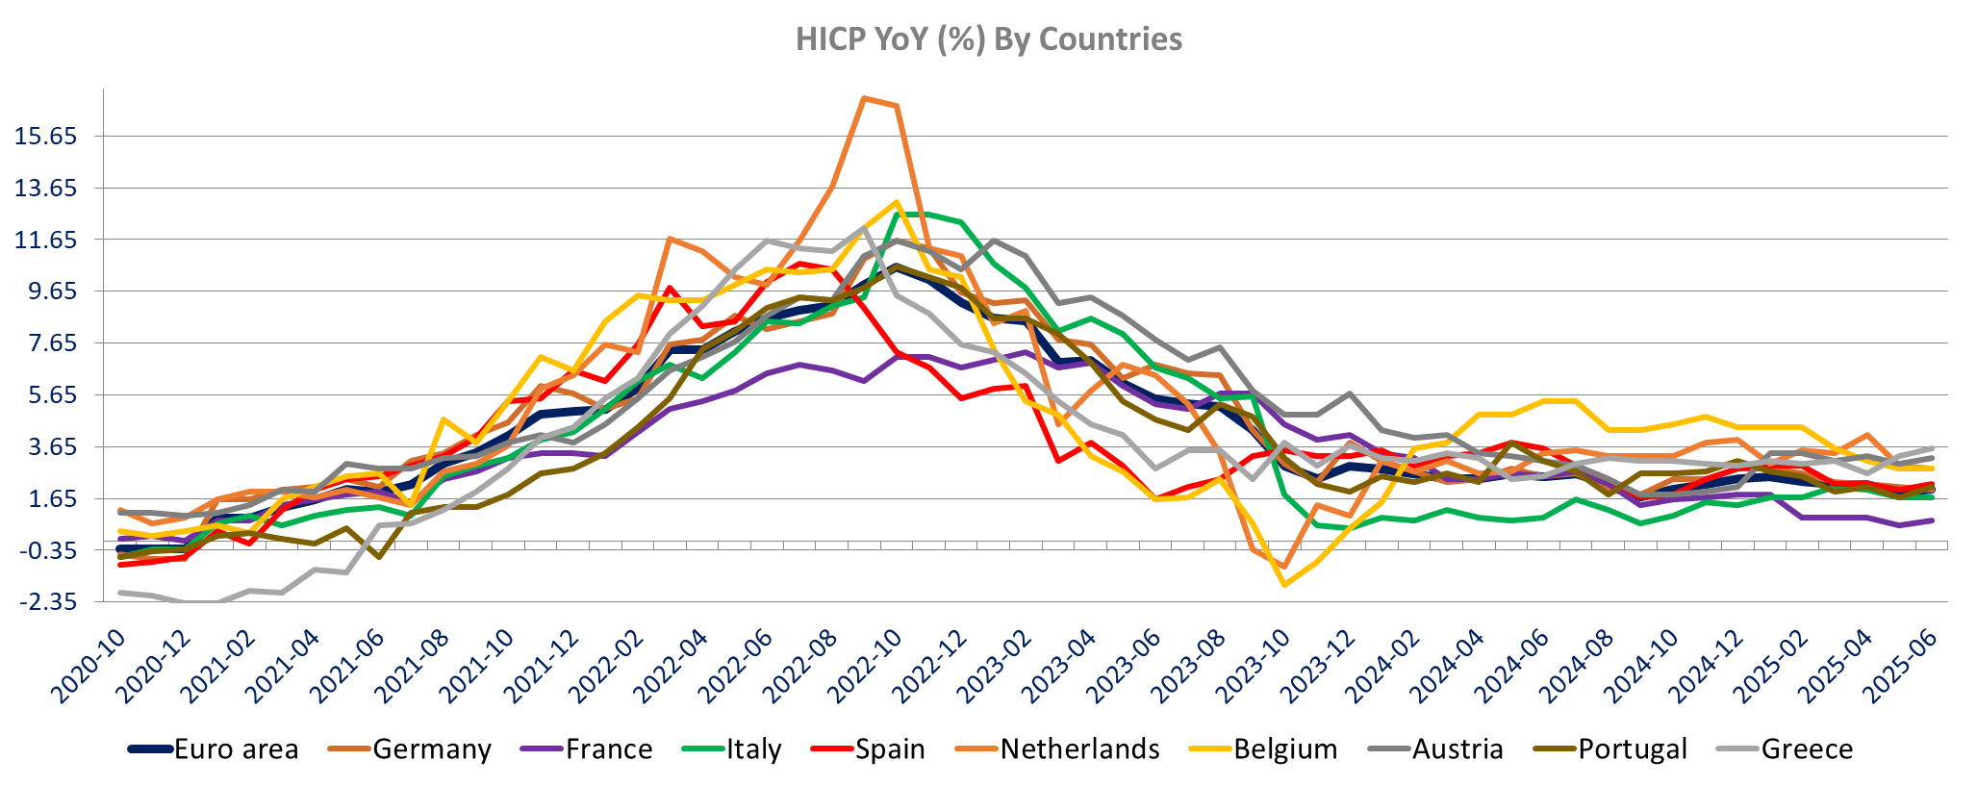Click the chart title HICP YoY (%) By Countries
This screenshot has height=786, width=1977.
pyautogui.click(x=988, y=38)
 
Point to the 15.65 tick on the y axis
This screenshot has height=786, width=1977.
pyautogui.click(x=45, y=137)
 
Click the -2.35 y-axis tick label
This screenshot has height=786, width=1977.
pyautogui.click(x=45, y=603)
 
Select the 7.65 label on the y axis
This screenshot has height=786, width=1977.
pyautogui.click(x=45, y=343)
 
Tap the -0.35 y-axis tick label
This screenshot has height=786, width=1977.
pyautogui.click(x=45, y=551)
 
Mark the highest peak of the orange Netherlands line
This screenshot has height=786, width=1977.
pyautogui.click(x=864, y=98)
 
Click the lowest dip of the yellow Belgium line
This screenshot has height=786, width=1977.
pyautogui.click(x=1284, y=584)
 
